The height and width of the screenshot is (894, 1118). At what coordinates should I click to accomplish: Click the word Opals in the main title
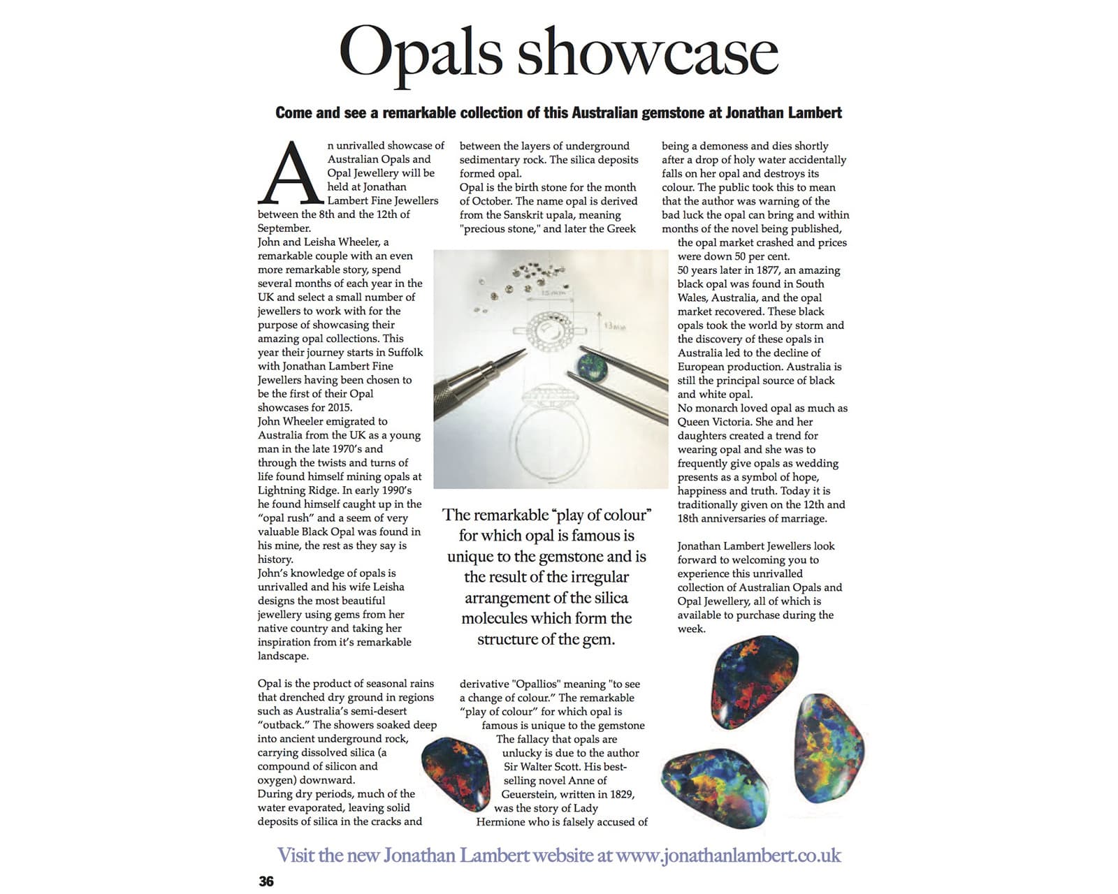[x=421, y=53]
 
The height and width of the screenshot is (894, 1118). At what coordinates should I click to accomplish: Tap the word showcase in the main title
[x=647, y=53]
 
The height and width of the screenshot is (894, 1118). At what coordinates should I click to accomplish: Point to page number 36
[x=266, y=881]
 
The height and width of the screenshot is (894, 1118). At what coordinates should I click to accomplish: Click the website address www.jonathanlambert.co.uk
[x=728, y=855]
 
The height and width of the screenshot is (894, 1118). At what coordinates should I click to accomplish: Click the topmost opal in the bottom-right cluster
[x=753, y=675]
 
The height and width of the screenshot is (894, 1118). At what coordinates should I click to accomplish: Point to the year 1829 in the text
[x=618, y=793]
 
